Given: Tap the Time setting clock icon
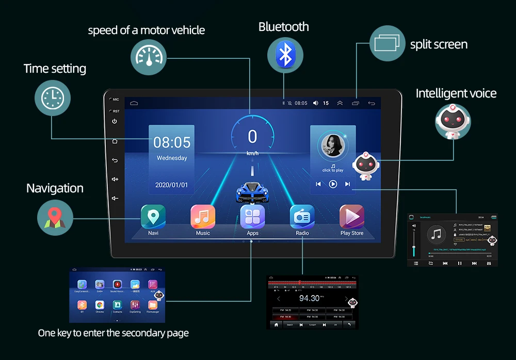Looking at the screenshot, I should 53,97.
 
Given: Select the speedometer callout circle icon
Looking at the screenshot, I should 149,57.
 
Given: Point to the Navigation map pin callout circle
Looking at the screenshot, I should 55,218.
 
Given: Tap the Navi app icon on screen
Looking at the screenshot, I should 153,217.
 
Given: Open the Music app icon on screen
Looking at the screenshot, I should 203,217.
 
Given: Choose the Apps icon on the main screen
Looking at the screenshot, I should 252,217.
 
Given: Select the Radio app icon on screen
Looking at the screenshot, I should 302,217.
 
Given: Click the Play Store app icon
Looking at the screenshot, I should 352,217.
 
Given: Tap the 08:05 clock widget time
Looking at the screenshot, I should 172,142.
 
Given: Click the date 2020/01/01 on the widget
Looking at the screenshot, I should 172,185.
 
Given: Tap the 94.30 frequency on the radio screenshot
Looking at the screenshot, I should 309,299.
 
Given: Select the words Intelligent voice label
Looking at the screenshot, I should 456,93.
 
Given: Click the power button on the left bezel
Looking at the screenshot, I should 115,121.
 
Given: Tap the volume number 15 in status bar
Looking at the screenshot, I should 326,103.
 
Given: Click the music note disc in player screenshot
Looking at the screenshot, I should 438,236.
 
